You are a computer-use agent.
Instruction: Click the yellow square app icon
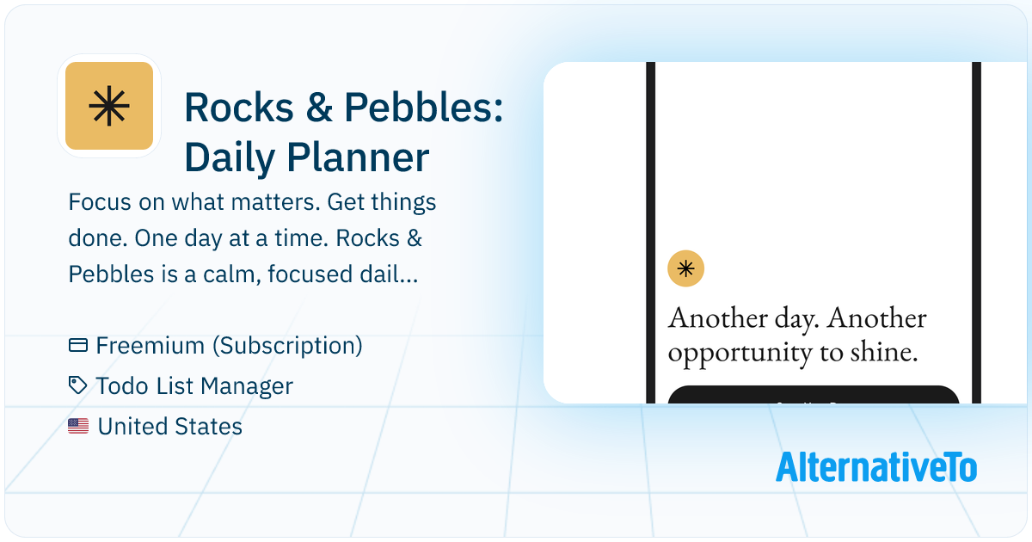click(x=109, y=106)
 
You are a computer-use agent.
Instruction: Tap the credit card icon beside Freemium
click(x=78, y=346)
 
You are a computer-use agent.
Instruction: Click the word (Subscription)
click(x=287, y=346)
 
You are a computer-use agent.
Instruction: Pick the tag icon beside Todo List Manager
click(x=78, y=386)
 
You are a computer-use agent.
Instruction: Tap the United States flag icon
click(x=78, y=426)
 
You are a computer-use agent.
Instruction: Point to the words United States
click(x=170, y=426)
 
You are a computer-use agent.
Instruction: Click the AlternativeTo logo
click(x=876, y=466)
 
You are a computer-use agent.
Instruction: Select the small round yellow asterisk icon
click(x=686, y=268)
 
